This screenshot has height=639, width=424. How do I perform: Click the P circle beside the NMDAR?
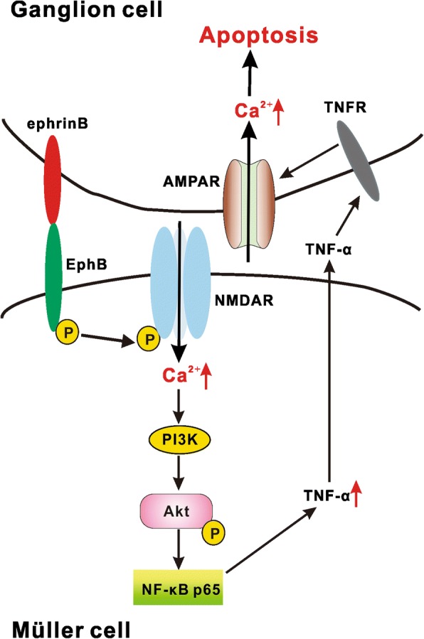149,340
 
